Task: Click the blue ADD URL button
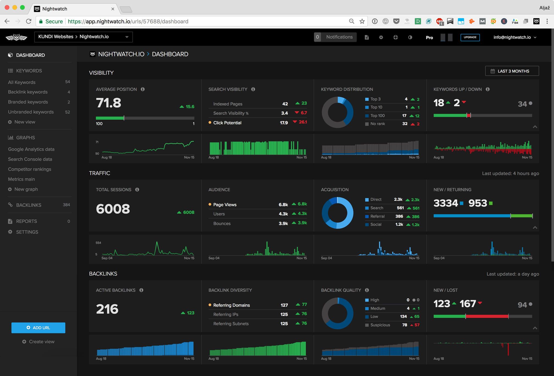[x=38, y=328]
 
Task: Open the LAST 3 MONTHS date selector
[x=512, y=71]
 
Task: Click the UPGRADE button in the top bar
[x=470, y=37]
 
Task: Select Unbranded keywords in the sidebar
[x=31, y=112]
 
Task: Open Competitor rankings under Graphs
[x=29, y=169]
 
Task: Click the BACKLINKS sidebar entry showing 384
[x=29, y=205]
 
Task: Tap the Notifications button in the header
[x=335, y=37]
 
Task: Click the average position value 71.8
[x=109, y=103]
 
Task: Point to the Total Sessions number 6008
[x=113, y=209]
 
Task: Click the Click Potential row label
[x=227, y=123]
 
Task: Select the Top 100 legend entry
[x=377, y=116]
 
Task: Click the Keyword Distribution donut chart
[x=337, y=112]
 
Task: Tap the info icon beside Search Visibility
[x=253, y=89]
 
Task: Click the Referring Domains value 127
[x=284, y=305]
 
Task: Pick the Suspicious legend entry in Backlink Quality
[x=380, y=325]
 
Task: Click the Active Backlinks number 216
[x=107, y=309]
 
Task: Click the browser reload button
[x=29, y=21]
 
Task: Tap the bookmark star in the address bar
[x=362, y=21]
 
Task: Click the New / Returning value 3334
[x=446, y=203]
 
